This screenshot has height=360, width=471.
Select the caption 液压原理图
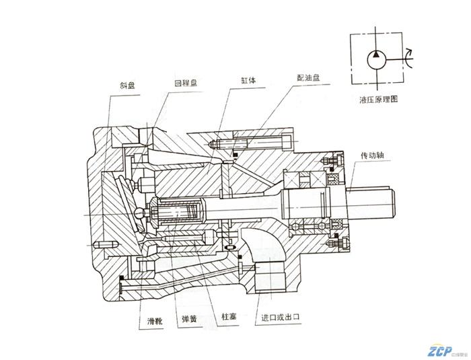point(379,99)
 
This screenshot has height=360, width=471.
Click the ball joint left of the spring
point(139,212)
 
